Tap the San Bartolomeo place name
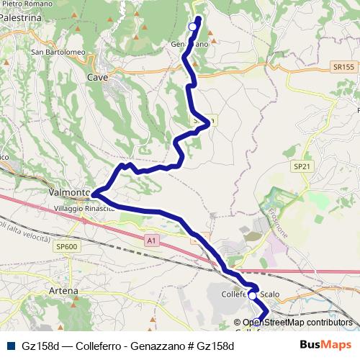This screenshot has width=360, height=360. [58, 52]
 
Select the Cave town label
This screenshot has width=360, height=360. [96, 77]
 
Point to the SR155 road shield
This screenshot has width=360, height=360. [344, 67]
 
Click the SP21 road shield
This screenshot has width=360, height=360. [302, 166]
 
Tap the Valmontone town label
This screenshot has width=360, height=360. [70, 193]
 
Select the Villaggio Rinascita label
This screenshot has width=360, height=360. [84, 208]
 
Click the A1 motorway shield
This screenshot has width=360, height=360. [150, 240]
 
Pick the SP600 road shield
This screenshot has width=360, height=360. [65, 246]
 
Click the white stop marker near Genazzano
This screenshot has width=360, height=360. [192, 27]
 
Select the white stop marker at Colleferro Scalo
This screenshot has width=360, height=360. [253, 294]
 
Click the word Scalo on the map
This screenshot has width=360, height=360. [269, 294]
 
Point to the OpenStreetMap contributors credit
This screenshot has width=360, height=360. [297, 323]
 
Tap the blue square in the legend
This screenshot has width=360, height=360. [11, 346]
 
